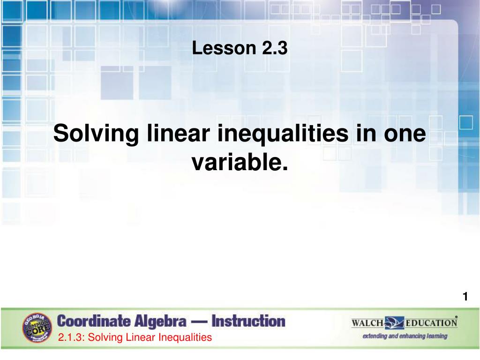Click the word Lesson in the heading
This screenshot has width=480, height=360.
(221, 48)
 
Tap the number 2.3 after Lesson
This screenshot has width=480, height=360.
(271, 48)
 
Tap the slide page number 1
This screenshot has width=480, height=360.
(465, 297)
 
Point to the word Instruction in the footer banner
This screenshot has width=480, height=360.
(248, 322)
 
